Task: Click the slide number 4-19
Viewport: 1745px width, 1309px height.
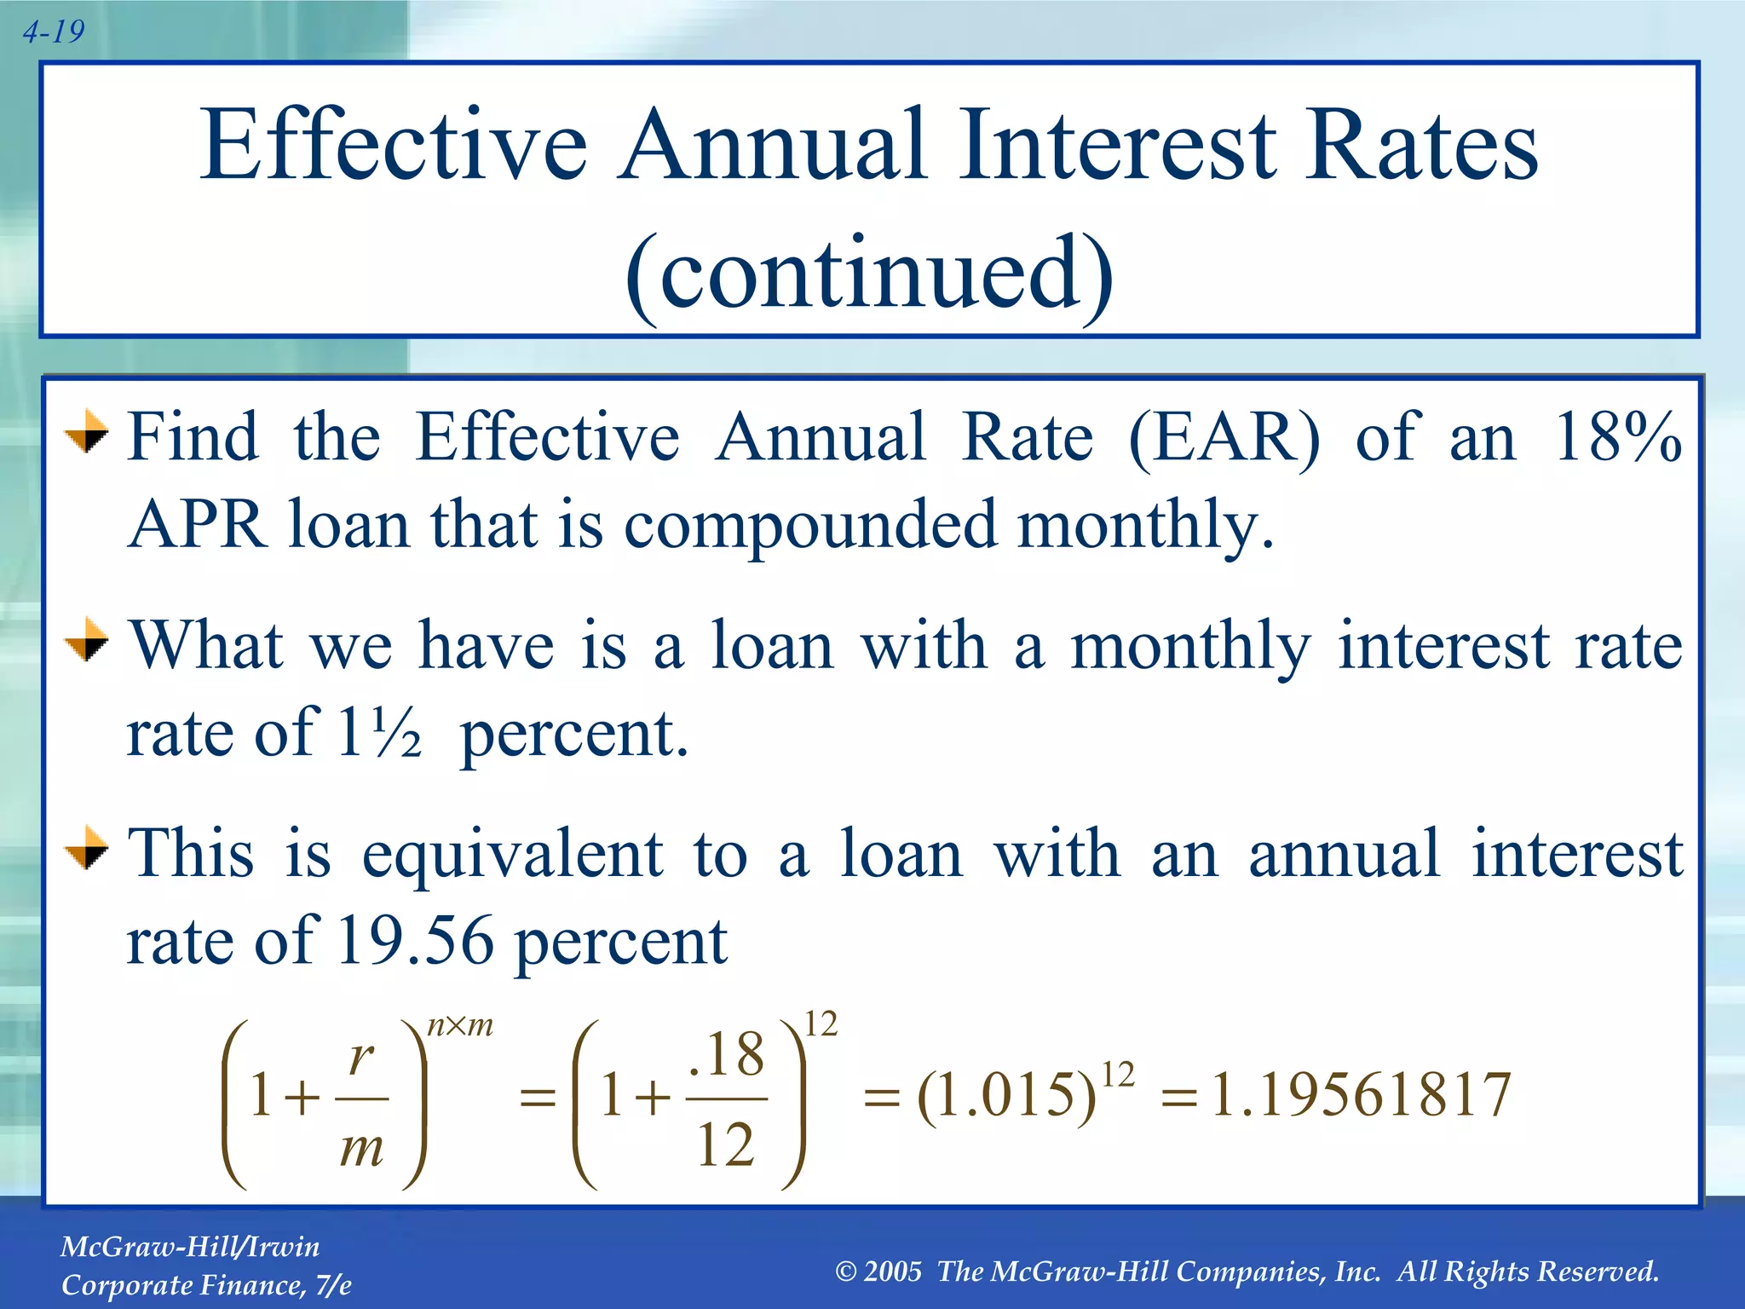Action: pos(53,32)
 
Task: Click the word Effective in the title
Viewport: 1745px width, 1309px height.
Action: pos(394,145)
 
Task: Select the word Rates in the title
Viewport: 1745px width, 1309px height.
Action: pos(1421,145)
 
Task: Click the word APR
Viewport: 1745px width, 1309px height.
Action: pos(198,525)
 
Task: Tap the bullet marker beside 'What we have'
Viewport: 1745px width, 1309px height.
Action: pos(87,641)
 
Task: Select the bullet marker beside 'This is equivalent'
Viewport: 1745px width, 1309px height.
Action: pos(87,849)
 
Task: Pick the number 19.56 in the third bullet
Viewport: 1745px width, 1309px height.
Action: pos(415,943)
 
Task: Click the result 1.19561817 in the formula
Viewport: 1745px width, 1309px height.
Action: pos(1361,1094)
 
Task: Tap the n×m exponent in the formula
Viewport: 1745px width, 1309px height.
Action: pos(460,1026)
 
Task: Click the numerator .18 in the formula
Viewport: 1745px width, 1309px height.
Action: pos(726,1055)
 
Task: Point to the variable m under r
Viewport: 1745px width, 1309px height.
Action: pos(361,1149)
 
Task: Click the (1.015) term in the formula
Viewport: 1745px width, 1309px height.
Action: pos(1005,1096)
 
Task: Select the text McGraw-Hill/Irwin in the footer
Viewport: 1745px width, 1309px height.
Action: pos(190,1248)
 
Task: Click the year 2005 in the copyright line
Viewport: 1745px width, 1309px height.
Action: pos(892,1272)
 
